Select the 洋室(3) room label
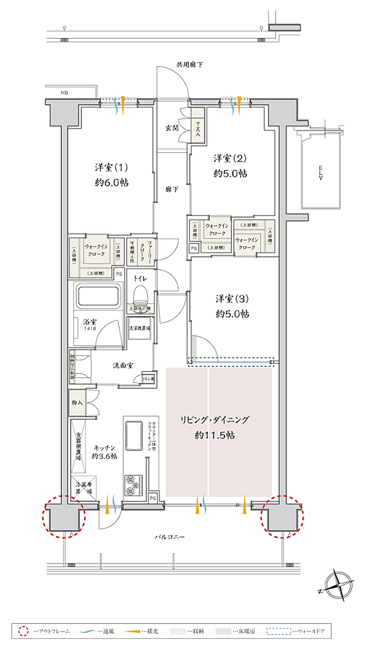(x=232, y=298)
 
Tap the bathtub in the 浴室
(x=98, y=298)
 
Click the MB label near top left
(x=64, y=94)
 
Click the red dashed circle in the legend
(x=24, y=632)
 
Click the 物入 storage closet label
(x=77, y=402)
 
